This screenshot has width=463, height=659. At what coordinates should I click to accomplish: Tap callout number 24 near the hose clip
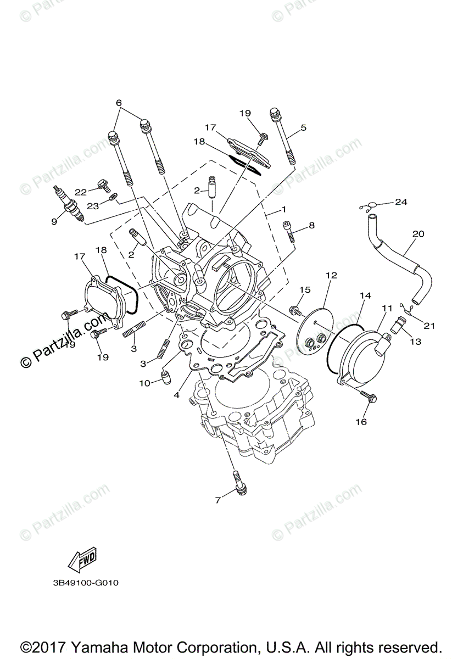pos(401,202)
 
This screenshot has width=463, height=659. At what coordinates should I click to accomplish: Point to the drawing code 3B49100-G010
pos(82,583)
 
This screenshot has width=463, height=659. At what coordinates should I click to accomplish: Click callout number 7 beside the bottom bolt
pos(217,500)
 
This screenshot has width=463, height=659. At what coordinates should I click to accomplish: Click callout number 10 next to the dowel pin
pos(144,383)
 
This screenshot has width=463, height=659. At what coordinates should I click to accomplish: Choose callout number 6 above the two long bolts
pos(118,103)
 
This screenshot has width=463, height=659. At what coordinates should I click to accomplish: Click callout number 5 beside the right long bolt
pos(303,128)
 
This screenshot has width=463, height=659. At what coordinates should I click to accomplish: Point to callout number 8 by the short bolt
pos(311,225)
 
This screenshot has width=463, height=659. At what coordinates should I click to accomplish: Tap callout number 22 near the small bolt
pos(81,192)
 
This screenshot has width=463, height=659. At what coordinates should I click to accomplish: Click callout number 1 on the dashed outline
pos(284,210)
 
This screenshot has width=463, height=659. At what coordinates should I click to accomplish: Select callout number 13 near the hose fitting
pos(415,341)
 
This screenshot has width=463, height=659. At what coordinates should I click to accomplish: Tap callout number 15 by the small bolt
pos(305,289)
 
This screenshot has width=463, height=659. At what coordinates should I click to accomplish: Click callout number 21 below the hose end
pos(429,326)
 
